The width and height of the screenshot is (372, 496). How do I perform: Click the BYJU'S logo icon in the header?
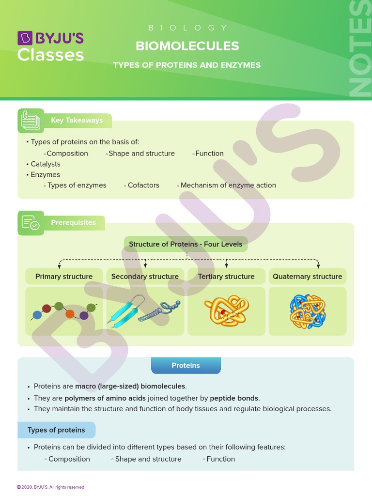24,38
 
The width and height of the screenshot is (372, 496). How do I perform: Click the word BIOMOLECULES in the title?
187,46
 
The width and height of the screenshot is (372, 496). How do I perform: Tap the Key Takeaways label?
77,120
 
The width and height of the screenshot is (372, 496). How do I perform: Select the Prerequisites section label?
73,223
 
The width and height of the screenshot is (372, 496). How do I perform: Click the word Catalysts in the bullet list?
46,164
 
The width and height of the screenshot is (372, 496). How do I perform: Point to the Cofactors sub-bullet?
143,185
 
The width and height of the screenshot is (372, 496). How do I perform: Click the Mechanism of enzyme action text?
228,185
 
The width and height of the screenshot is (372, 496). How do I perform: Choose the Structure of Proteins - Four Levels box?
186,244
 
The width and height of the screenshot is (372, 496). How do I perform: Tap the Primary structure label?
64,277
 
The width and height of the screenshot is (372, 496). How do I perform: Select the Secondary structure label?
145,277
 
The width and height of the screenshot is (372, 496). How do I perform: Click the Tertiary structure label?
226,277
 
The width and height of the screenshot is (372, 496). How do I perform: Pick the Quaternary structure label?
307,277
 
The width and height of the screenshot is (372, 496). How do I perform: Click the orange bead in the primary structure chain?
70,314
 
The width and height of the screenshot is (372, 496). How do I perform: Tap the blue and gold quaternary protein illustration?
307,311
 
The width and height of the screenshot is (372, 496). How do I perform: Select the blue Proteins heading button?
186,366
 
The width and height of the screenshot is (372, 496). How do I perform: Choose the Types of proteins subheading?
56,430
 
